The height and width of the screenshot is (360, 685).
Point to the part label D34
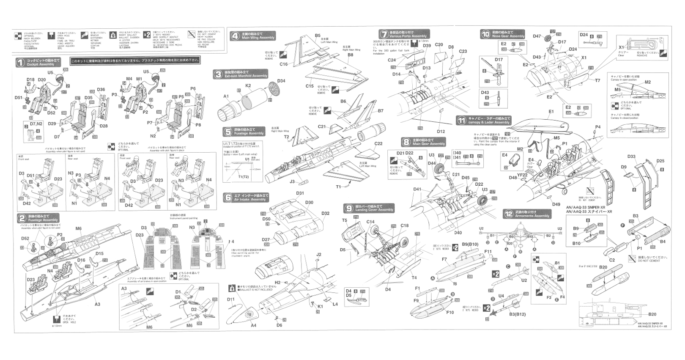tap(281, 81)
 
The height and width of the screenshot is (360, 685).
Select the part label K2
tap(248, 85)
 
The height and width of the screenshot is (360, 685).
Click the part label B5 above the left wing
tap(318, 36)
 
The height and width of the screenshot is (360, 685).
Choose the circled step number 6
tap(228, 198)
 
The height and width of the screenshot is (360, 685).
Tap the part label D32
tap(325, 213)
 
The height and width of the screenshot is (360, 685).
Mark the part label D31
tap(300, 193)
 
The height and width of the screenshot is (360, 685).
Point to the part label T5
tap(345, 220)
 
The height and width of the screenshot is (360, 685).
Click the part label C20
tap(439, 44)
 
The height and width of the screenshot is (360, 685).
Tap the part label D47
tap(537, 36)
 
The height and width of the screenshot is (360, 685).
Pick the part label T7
tap(597, 80)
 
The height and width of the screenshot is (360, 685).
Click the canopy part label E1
tap(551, 112)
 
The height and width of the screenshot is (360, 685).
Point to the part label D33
tap(631, 157)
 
